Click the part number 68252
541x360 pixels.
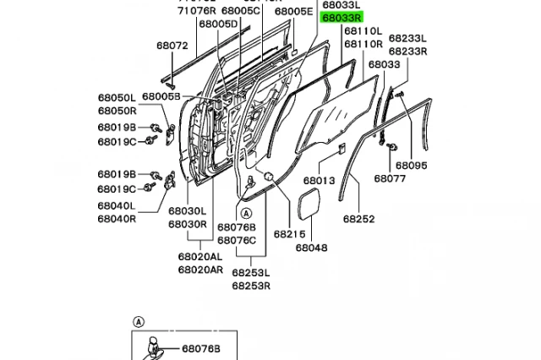pos(359,218)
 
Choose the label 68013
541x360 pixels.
pos(320,181)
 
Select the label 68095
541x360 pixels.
pos(413,166)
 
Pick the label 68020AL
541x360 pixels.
pos(200,257)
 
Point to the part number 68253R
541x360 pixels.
pos(251,286)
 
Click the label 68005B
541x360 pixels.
pos(161,97)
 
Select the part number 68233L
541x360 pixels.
pos(409,39)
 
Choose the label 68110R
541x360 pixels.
pos(363,44)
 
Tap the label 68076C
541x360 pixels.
pos(237,239)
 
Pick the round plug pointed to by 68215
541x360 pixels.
pos(267,176)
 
